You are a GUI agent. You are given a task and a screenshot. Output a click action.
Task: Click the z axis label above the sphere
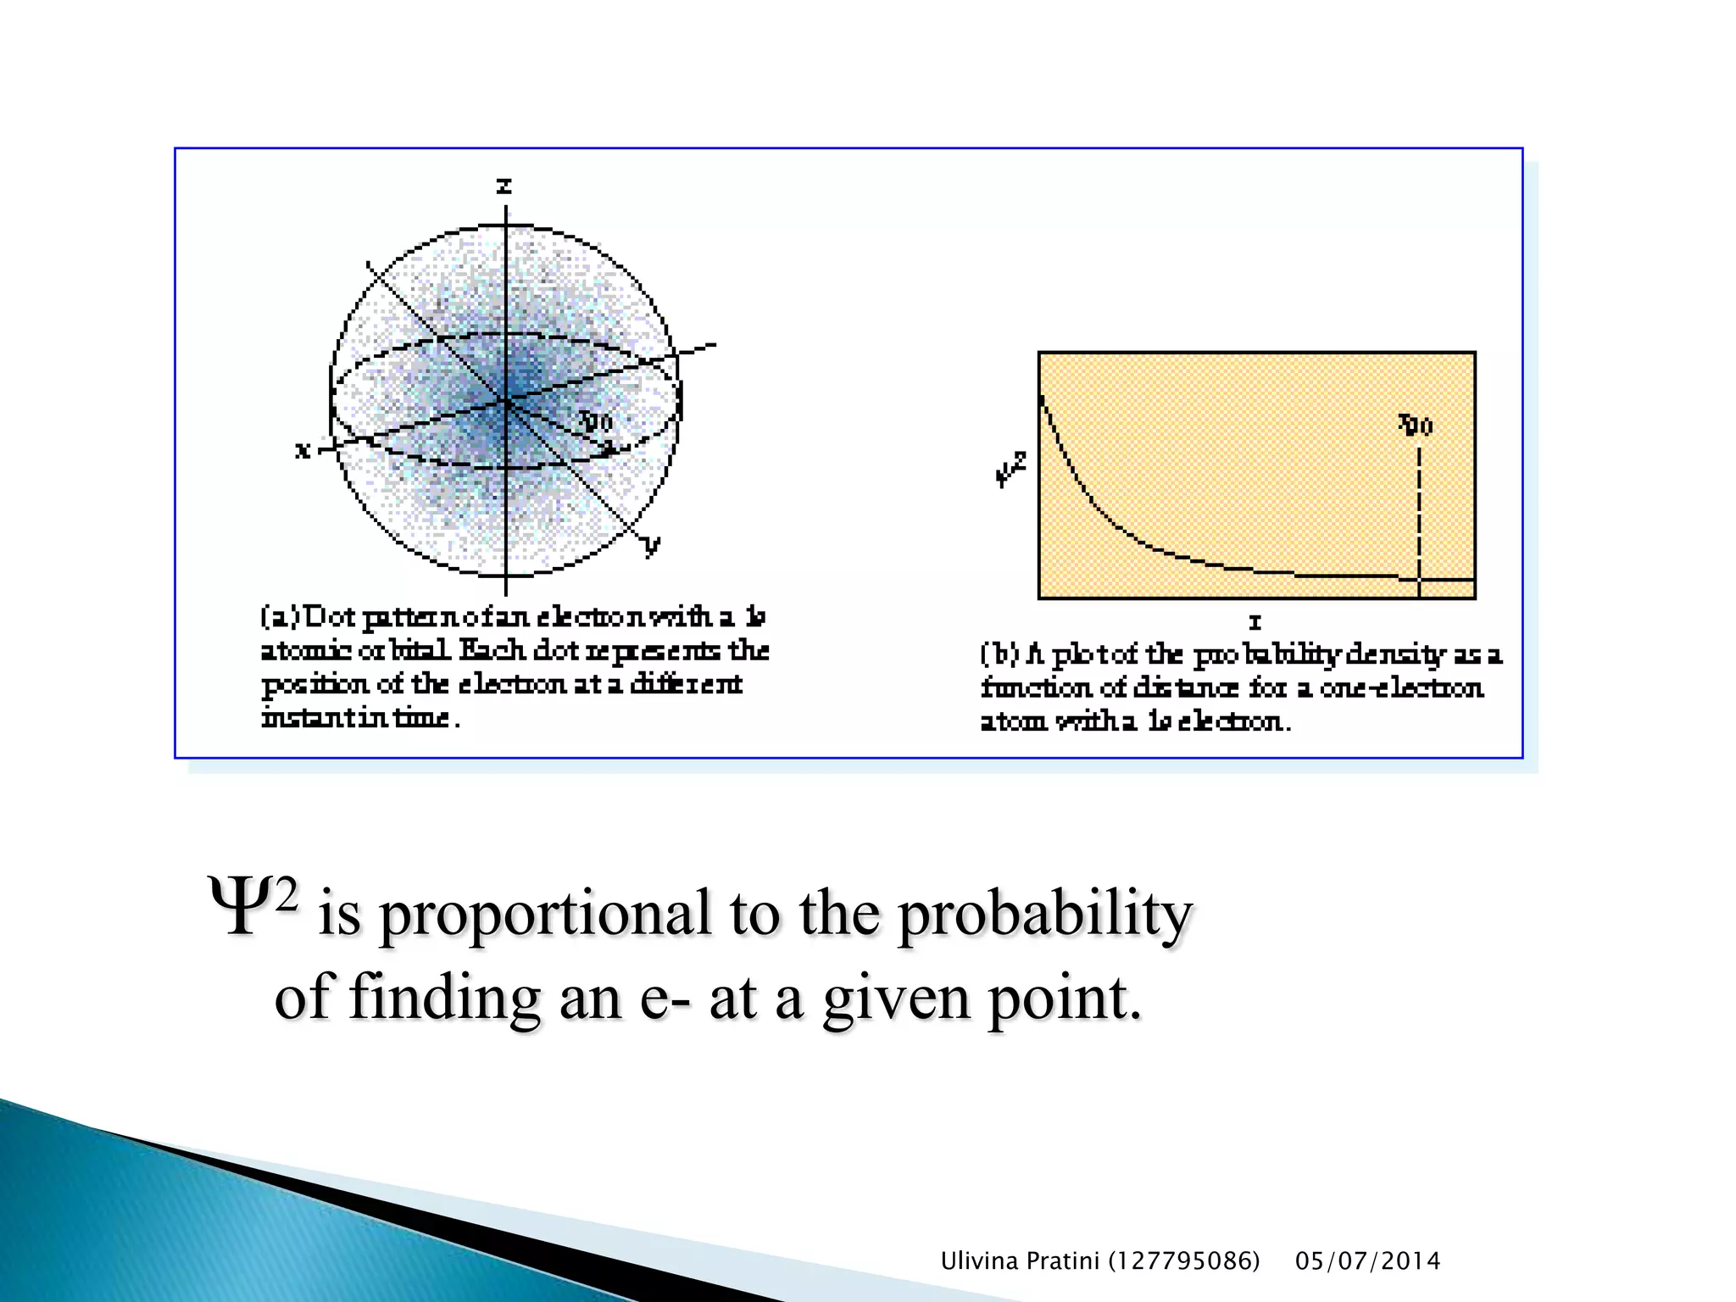pyautogui.click(x=504, y=186)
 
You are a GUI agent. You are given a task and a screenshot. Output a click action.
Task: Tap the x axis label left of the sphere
pyautogui.click(x=303, y=449)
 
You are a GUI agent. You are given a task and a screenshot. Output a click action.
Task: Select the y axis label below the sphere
pyautogui.click(x=651, y=545)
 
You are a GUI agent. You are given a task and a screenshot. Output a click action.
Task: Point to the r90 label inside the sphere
pyautogui.click(x=595, y=421)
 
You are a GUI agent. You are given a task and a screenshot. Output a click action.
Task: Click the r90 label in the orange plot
pyautogui.click(x=1416, y=424)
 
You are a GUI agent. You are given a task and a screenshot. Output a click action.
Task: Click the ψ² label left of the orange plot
pyautogui.click(x=1010, y=469)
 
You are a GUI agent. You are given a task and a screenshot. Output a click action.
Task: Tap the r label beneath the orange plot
pyautogui.click(x=1255, y=622)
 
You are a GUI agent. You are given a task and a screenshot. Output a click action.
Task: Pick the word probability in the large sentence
pyautogui.click(x=1044, y=915)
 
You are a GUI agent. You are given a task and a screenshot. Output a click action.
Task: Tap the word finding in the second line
pyautogui.click(x=444, y=999)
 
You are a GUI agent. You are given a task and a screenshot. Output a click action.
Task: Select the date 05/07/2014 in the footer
pyautogui.click(x=1367, y=1261)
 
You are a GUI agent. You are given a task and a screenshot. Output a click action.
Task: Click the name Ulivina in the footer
pyautogui.click(x=979, y=1261)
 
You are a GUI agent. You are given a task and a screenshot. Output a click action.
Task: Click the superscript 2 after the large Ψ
pyautogui.click(x=287, y=895)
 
